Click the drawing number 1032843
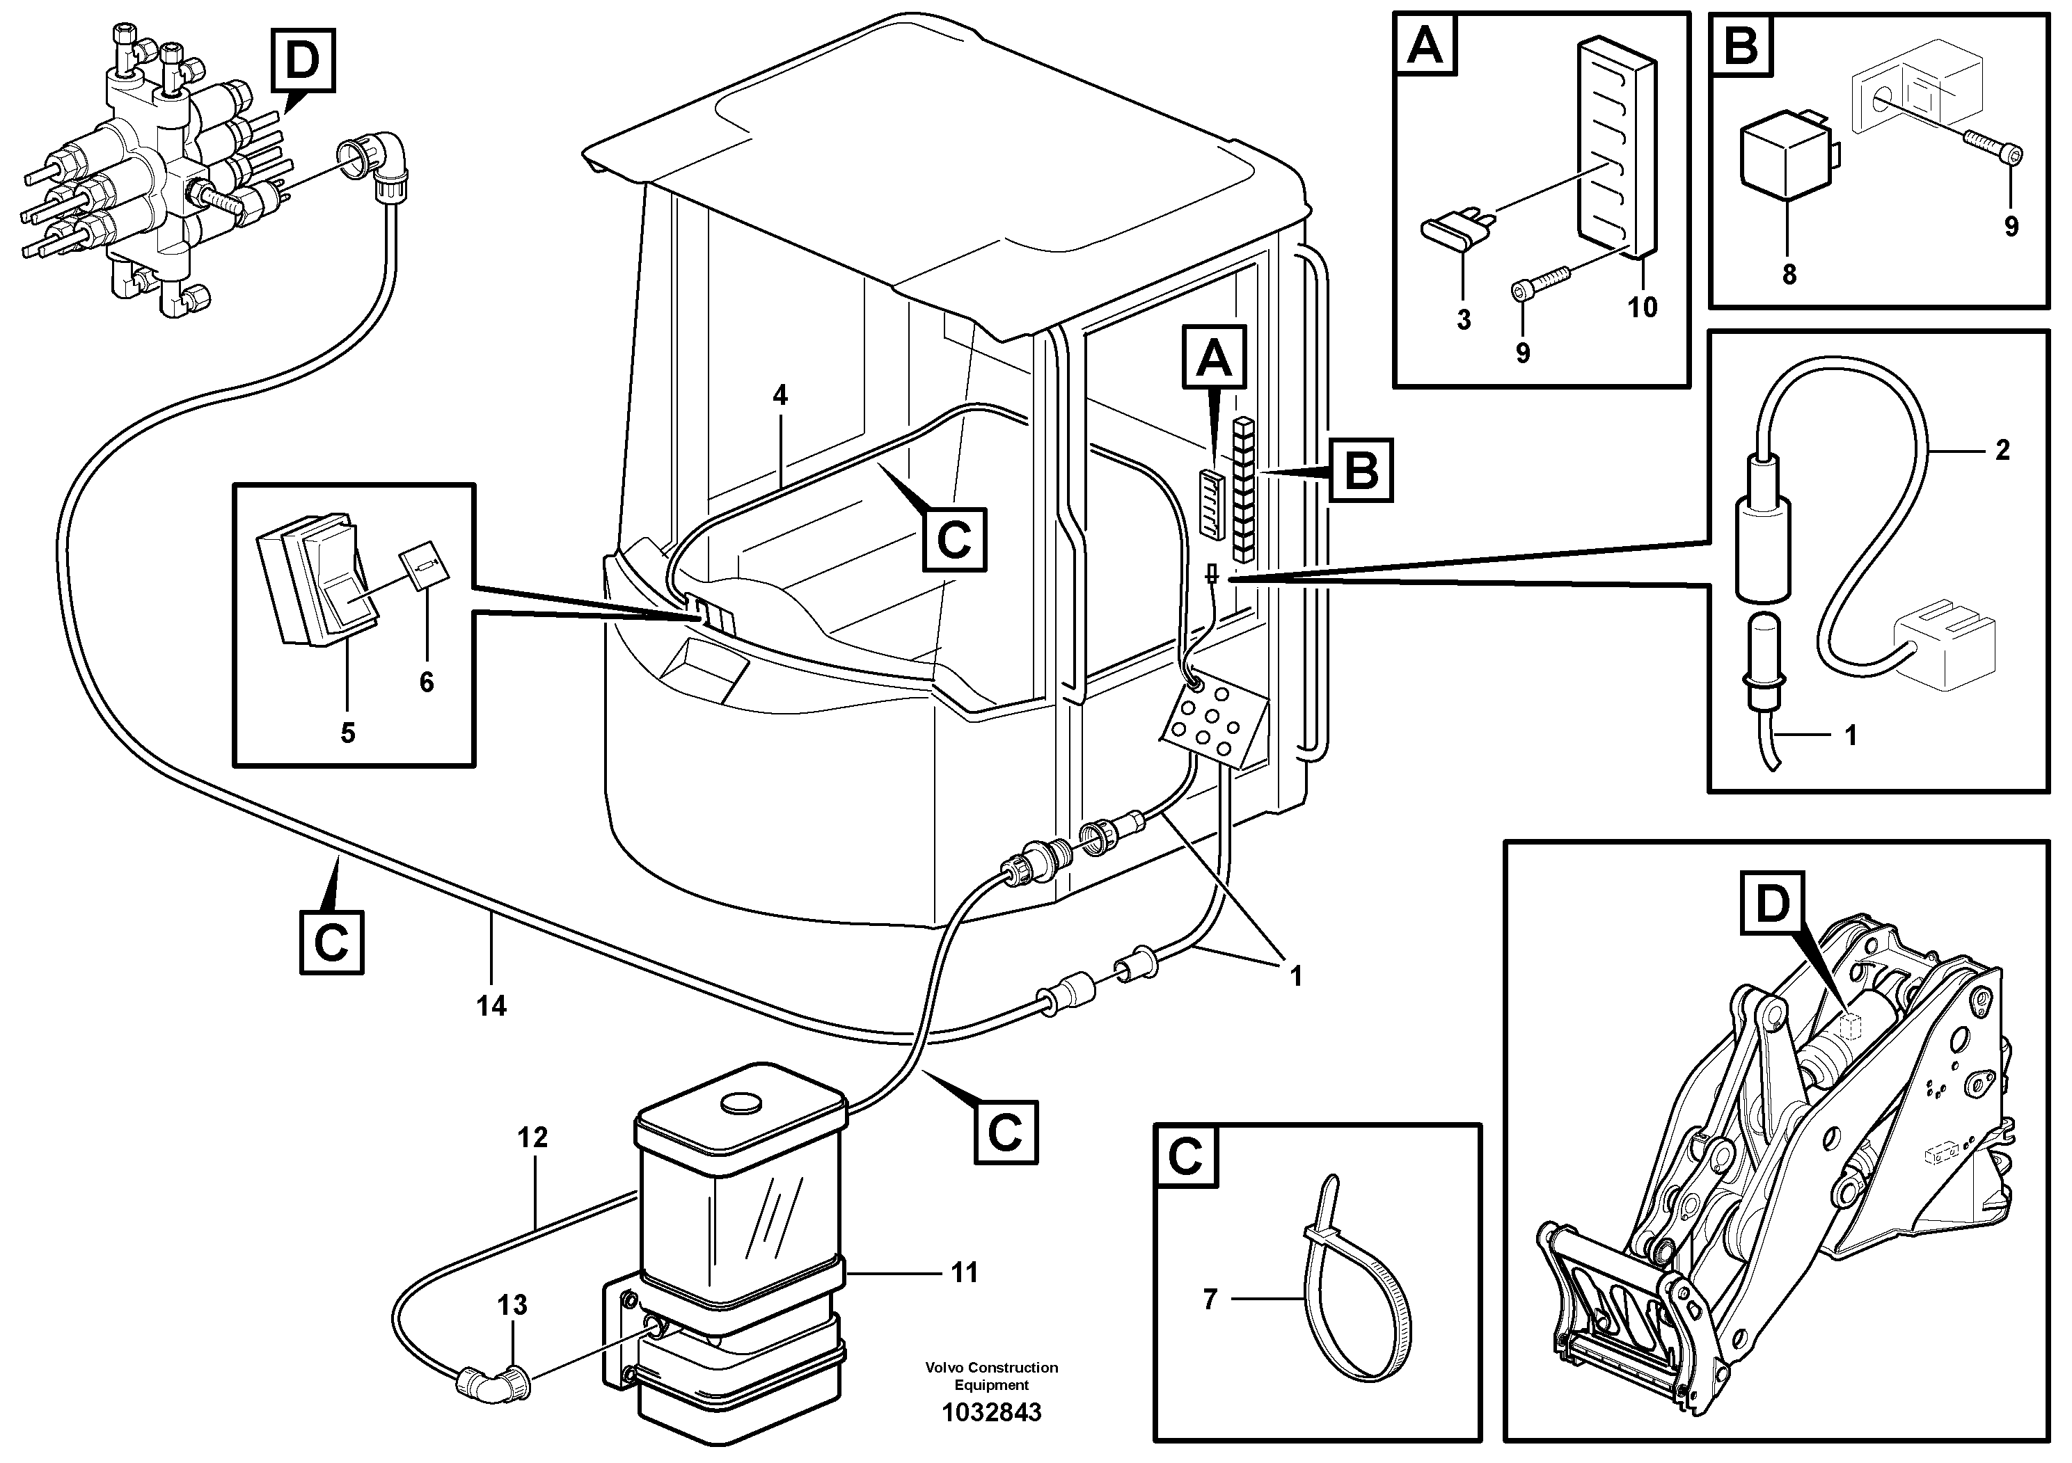tap(991, 1412)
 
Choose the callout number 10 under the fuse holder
tap(1643, 307)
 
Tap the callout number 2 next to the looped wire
tap(2002, 449)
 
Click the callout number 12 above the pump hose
tap(532, 1137)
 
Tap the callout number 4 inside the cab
tap(780, 394)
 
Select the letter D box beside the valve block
tap(302, 60)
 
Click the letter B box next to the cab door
tap(1361, 470)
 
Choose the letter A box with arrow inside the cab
tap(1214, 358)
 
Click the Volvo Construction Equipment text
tap(991, 1375)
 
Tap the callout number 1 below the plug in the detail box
tap(1850, 735)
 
